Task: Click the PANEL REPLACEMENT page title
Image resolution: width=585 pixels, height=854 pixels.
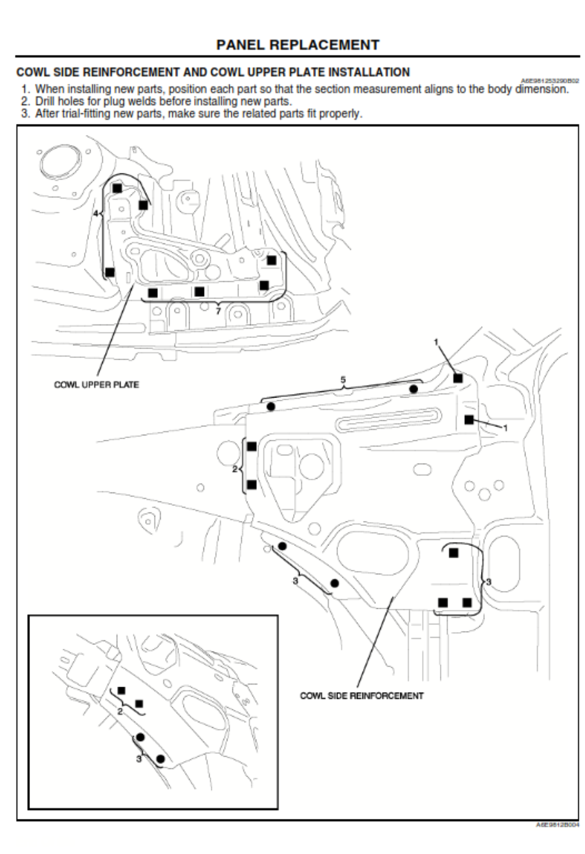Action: [297, 45]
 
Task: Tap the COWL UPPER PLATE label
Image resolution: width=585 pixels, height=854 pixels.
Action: [96, 384]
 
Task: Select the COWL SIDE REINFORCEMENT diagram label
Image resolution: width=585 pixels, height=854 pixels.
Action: [361, 695]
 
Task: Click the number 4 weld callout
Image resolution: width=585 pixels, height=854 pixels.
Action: [96, 214]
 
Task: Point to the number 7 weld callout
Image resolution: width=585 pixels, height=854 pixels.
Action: [218, 310]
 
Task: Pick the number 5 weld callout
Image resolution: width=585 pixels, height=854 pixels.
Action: [343, 380]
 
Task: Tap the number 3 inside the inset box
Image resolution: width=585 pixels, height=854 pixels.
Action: [139, 759]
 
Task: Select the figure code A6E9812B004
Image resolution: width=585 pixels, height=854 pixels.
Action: [557, 825]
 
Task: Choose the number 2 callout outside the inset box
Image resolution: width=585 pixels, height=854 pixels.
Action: [235, 469]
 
